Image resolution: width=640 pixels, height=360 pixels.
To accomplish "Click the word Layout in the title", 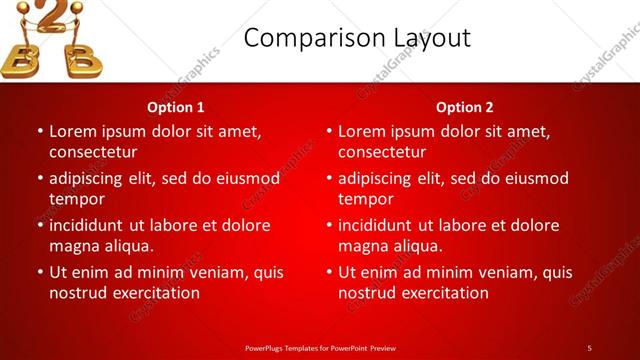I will tap(429, 38).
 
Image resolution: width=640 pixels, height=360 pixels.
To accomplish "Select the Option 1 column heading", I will tap(176, 107).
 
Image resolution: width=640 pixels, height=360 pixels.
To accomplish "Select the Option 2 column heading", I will tap(465, 107).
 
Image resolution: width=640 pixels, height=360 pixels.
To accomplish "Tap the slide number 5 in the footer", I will tap(589, 348).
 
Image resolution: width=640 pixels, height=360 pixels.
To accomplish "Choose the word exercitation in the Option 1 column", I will tap(155, 293).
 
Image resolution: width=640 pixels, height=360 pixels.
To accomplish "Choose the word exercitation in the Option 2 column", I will tap(444, 293).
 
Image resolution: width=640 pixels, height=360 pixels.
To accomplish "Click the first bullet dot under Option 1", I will tap(40, 132).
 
